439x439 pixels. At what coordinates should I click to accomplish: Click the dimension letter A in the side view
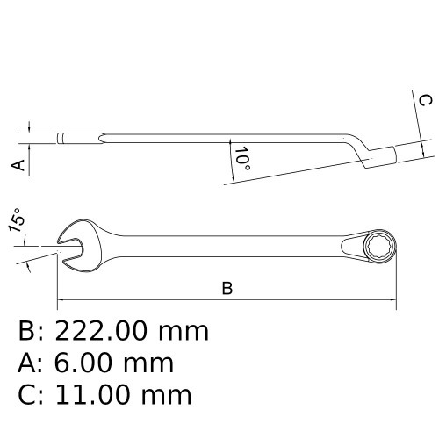click(15, 164)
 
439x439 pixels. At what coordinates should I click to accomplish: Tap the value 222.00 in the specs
click(103, 331)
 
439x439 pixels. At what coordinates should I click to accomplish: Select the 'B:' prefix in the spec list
click(31, 331)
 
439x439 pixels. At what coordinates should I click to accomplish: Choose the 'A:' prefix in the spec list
click(31, 363)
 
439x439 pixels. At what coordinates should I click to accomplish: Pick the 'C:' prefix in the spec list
click(31, 394)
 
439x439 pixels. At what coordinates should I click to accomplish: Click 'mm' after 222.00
click(184, 331)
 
